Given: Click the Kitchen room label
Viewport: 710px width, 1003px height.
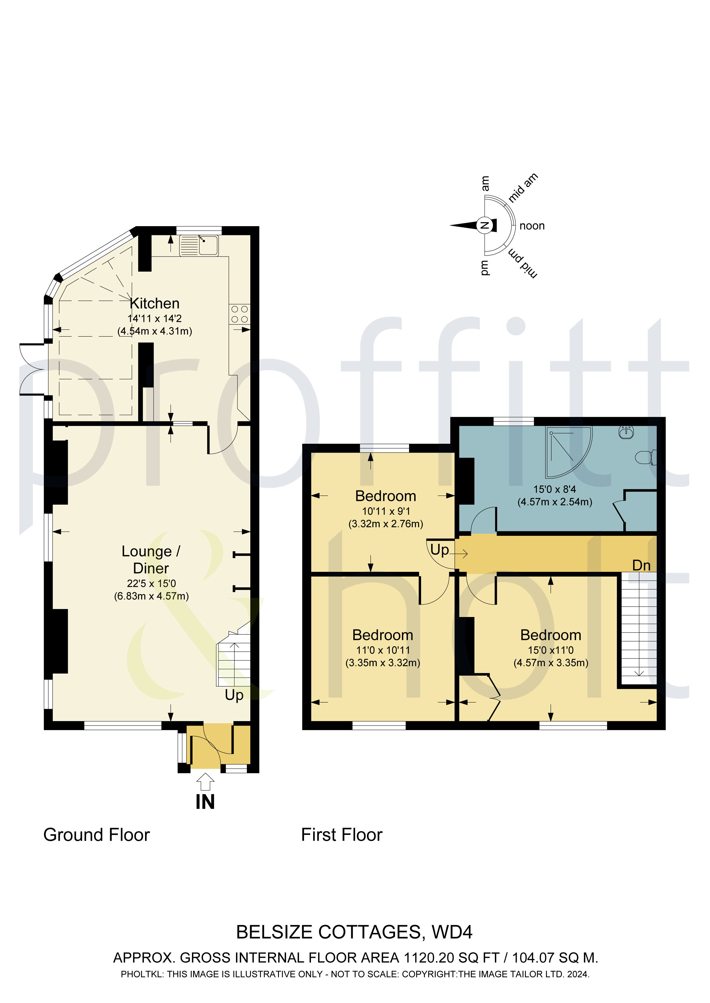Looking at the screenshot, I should coord(155,303).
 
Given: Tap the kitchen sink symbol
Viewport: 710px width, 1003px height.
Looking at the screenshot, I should coord(199,246).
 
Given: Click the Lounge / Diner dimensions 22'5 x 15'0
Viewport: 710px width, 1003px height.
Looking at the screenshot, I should coord(151,583).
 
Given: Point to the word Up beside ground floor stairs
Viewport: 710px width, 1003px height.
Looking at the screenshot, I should coord(234,694).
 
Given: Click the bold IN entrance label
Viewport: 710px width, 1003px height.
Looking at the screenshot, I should coord(205,802).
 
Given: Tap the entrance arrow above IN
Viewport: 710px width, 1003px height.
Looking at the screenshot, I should coord(205,781).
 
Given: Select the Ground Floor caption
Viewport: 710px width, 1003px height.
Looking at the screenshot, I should coord(97,835).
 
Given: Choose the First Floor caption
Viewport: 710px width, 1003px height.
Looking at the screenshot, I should coord(342,835).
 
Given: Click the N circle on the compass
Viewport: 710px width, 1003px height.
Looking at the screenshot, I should coord(484,225).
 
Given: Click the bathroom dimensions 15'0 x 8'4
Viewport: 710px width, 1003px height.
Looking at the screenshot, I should coord(554,489).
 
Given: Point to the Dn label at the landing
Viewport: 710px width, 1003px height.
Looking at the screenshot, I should coord(641,566).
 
